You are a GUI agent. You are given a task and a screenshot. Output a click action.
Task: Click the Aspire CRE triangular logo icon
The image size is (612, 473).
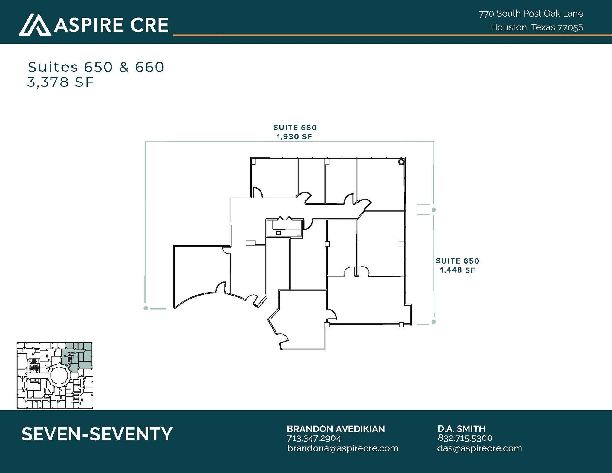coord(34,25)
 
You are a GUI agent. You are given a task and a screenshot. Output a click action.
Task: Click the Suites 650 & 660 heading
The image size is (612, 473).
coord(96,67)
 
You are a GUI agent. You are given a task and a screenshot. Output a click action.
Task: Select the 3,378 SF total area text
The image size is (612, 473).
coord(61,82)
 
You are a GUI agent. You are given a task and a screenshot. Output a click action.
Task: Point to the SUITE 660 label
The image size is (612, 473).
coord(295,128)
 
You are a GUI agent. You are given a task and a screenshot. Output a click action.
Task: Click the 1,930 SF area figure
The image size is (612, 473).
coord(294,137)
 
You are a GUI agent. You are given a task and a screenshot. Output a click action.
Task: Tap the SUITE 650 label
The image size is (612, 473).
coord(457,261)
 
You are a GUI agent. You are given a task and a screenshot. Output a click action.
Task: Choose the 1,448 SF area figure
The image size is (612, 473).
coord(457,270)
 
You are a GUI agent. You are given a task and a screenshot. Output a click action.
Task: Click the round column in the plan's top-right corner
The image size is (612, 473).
coord(401,162)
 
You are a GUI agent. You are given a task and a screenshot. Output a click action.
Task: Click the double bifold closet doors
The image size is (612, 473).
coord(284,219)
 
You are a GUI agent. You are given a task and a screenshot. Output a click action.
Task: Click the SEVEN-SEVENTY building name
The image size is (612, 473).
coord(97,434)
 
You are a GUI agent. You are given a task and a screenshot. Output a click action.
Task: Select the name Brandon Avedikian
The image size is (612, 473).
coord(336,429)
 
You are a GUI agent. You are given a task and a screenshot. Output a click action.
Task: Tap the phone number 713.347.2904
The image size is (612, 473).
coord(314,438)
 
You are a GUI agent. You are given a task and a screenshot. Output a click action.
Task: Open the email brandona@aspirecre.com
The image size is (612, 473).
coord(342,448)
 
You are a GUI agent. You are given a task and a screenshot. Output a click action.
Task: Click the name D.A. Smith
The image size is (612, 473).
coord(461,429)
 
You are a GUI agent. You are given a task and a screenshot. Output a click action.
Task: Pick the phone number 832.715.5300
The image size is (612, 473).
coord(465,438)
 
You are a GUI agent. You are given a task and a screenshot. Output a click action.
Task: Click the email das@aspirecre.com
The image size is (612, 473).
coord(479,448)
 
